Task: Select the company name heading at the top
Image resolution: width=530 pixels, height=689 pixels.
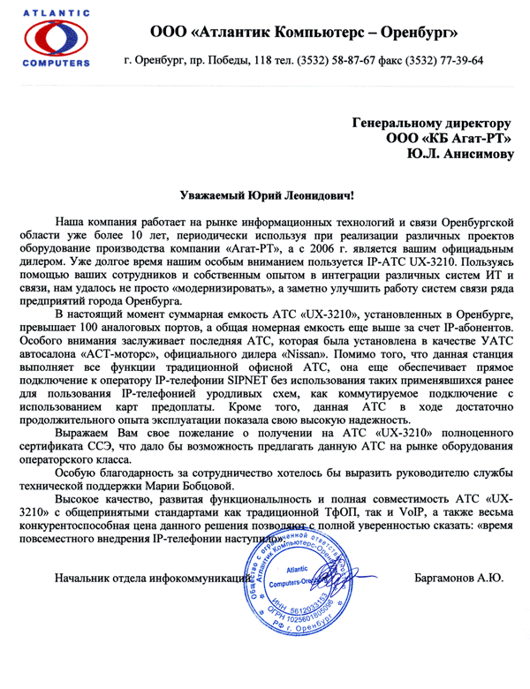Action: pos(304,32)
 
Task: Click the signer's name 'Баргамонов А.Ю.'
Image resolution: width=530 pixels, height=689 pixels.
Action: pos(458,579)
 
